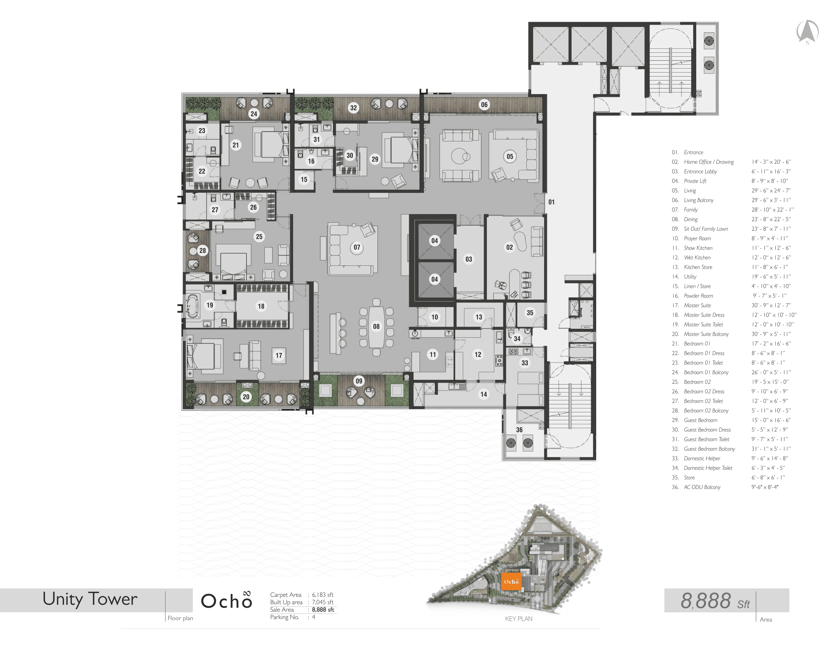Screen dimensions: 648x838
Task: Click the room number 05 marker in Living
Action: (510, 156)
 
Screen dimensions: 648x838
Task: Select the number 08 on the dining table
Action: (376, 326)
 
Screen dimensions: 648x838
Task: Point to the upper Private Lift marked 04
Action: (434, 241)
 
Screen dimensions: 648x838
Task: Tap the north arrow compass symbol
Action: (807, 31)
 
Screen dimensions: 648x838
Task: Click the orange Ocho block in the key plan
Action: (511, 582)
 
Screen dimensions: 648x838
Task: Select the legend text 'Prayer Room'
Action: (697, 238)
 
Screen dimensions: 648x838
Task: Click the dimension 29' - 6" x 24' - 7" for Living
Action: (771, 190)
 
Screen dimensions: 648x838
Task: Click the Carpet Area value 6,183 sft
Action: (322, 595)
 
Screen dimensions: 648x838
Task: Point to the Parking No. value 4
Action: (313, 617)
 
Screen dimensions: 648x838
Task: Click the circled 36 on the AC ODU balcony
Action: (519, 430)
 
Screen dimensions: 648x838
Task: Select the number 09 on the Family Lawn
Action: (359, 381)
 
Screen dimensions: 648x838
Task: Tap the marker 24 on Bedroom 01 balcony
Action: (254, 114)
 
